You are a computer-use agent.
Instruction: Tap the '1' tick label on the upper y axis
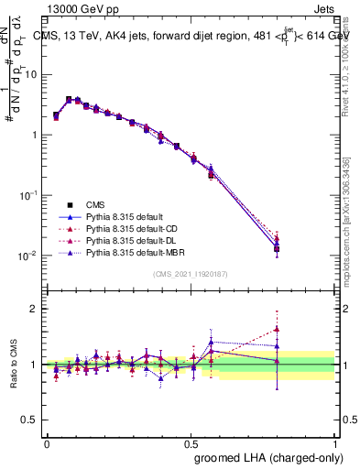click(34, 136)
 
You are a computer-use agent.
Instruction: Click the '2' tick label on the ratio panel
click(34, 309)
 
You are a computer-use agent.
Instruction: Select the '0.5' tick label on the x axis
click(191, 442)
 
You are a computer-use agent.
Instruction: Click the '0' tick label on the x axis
click(47, 442)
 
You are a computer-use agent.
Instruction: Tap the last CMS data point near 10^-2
click(277, 249)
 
